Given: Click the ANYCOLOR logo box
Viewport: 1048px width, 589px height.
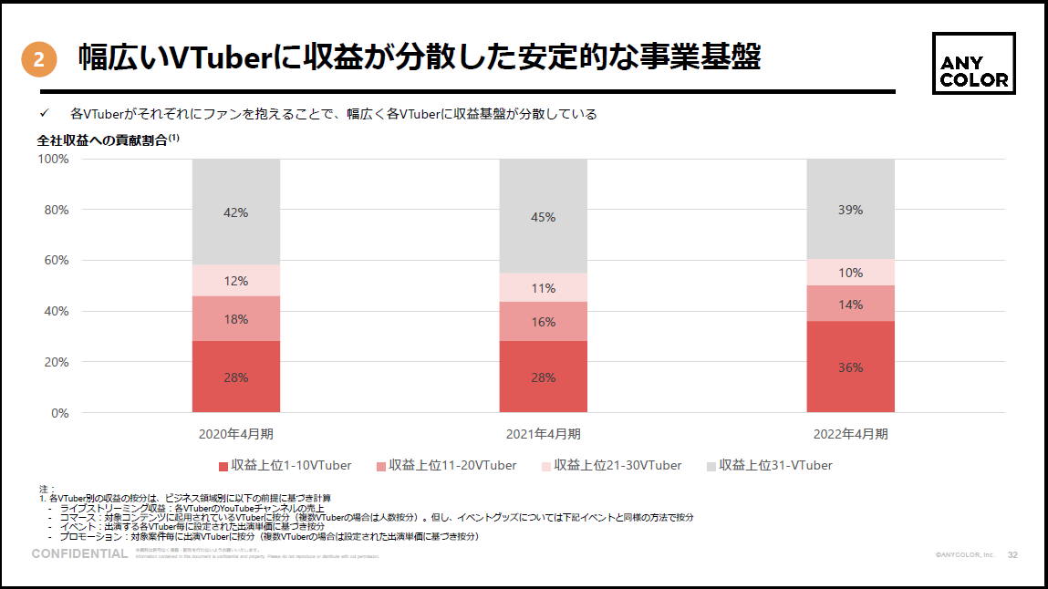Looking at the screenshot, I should [974, 64].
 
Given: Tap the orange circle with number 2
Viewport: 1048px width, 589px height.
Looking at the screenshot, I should [38, 60].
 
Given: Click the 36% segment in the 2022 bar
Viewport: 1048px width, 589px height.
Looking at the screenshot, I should [850, 367].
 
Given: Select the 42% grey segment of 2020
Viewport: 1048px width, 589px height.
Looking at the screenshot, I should [236, 212].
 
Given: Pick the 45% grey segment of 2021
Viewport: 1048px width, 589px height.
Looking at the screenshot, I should [543, 216].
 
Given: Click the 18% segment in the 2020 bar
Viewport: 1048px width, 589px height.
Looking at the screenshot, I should [236, 318].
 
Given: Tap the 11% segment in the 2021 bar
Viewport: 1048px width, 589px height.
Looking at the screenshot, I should [543, 287].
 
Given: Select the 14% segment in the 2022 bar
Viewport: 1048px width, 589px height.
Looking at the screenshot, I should [850, 303].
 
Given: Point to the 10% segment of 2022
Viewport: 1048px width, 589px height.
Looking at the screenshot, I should [850, 272].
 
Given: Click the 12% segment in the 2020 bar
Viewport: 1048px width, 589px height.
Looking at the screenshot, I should [236, 281].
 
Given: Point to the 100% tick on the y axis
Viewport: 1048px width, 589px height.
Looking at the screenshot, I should [53, 159].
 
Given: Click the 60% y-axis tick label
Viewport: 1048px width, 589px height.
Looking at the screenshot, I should [57, 260].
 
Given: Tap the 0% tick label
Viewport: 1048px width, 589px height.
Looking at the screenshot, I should [60, 413].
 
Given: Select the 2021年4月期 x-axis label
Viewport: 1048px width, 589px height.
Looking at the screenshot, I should [543, 434].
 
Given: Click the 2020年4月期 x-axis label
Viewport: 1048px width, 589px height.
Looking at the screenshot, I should [236, 434].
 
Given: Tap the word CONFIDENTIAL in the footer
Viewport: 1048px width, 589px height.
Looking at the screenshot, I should [79, 553].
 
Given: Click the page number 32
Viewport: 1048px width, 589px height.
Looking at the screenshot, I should [1012, 554].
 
